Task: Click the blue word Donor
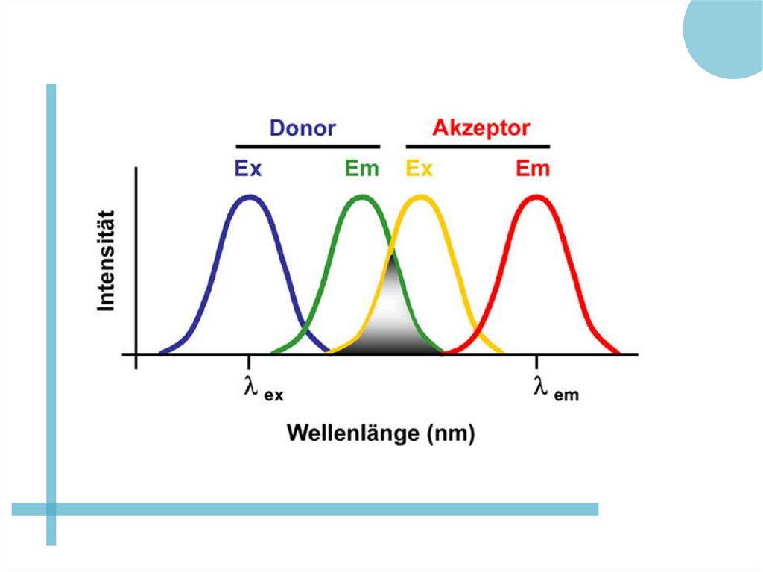point(302,128)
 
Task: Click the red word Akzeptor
point(481,128)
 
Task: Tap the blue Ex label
point(248,169)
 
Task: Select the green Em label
point(361,169)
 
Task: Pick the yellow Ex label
point(419,169)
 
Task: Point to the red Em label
point(532,169)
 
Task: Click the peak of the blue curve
point(250,197)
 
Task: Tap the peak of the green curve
point(361,197)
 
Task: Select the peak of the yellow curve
point(421,197)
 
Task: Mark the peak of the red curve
point(536,197)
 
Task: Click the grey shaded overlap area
point(393,321)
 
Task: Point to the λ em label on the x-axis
point(556,389)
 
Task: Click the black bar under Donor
point(308,147)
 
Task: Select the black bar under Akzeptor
point(478,147)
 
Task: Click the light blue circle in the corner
point(726,34)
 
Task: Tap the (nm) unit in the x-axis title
point(450,433)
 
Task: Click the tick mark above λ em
point(536,361)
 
